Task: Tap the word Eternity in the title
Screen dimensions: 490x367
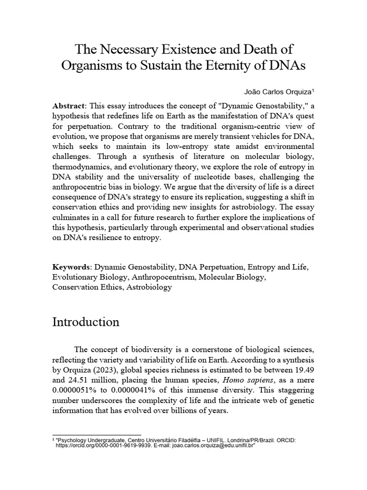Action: [x=228, y=66]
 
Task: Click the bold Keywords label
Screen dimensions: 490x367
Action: [x=72, y=267]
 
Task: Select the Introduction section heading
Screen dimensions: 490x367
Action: [x=86, y=322]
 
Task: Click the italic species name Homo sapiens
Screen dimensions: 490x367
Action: [x=228, y=381]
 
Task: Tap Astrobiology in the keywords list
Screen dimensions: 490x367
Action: [x=149, y=288]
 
